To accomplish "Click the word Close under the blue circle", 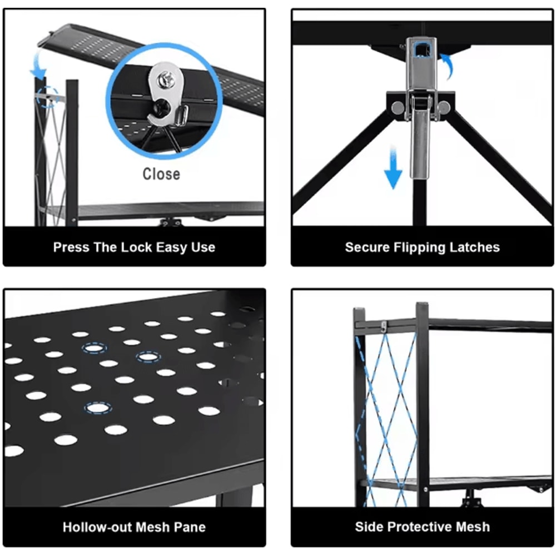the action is coord(161,174).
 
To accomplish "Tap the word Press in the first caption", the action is coord(71,247).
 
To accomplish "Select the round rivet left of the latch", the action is coord(398,107).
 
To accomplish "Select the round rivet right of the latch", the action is coord(443,107).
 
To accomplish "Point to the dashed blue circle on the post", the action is coord(47,96).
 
